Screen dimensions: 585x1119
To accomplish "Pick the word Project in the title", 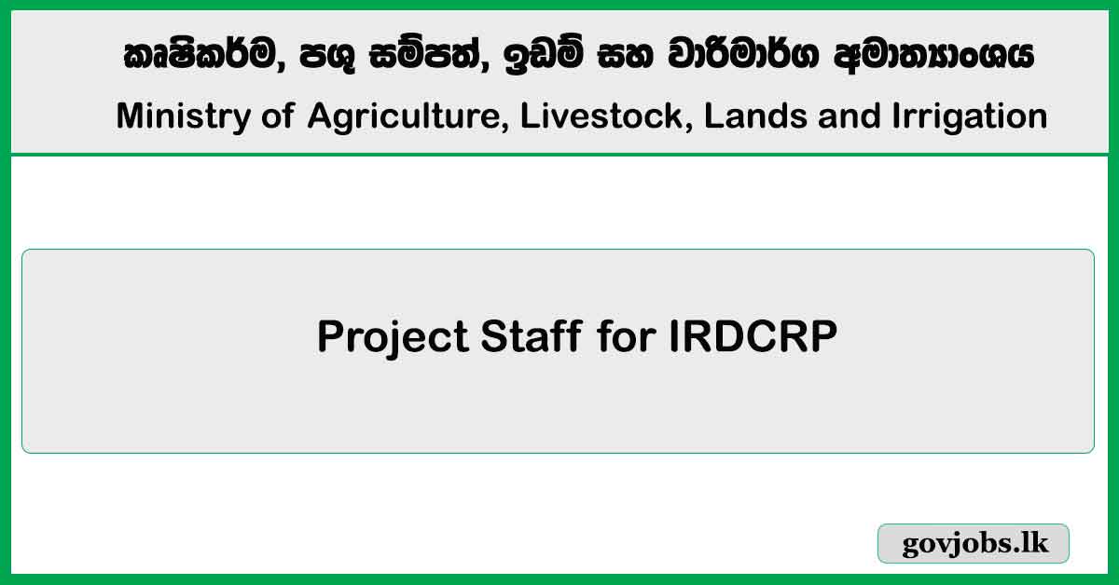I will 392,337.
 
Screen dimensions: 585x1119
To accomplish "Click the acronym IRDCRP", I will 753,336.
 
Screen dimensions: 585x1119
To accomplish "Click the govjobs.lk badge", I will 974,544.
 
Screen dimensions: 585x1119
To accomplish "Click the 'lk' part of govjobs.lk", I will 1034,544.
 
